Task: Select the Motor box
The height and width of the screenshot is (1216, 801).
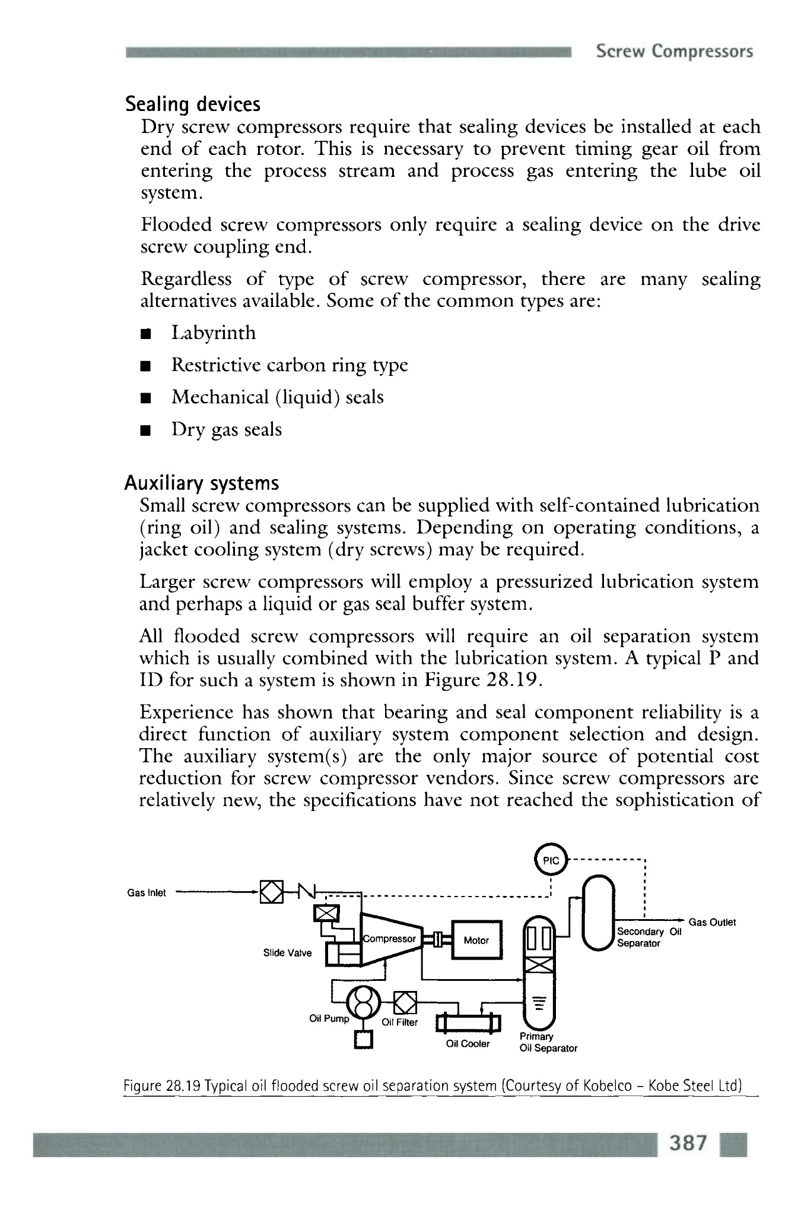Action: [476, 940]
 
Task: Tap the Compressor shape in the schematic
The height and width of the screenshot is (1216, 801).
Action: [390, 939]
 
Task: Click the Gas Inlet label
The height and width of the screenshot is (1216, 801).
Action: [147, 892]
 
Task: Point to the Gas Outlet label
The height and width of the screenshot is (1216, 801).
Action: [712, 922]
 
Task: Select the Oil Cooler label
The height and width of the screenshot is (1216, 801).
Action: [468, 1044]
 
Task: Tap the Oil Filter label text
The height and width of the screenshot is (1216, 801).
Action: [399, 1022]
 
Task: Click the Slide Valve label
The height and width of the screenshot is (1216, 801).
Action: [287, 953]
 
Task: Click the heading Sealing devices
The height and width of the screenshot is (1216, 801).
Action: [193, 104]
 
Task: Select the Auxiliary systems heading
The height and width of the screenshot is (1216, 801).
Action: [202, 483]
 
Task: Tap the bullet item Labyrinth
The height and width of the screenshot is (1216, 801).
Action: [214, 333]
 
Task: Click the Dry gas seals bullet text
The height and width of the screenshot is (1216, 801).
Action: [227, 429]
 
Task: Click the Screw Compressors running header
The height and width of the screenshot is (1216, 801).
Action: [675, 52]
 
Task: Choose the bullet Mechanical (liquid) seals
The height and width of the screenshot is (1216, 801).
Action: [278, 397]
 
